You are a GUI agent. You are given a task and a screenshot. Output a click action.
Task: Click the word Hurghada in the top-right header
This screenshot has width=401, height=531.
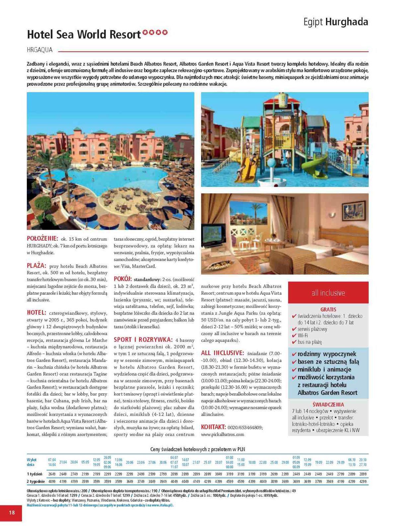tap(347, 22)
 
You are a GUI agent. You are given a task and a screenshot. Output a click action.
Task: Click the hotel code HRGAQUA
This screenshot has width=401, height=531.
tap(40, 50)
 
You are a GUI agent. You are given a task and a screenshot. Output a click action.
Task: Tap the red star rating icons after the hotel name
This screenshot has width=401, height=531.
tap(155, 33)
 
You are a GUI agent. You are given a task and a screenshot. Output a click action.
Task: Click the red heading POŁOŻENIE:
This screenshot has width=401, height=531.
tap(42, 239)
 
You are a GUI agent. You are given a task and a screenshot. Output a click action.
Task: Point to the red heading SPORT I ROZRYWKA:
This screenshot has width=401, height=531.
tap(143, 340)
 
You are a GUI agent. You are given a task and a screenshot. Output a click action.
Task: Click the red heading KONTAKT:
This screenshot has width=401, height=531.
tap(213, 427)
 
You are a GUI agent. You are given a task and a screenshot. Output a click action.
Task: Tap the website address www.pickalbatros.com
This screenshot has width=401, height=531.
tap(222, 434)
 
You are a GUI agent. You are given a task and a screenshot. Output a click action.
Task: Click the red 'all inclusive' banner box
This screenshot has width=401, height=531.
tap(328, 293)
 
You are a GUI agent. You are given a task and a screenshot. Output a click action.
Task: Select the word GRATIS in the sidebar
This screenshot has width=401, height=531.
tap(328, 309)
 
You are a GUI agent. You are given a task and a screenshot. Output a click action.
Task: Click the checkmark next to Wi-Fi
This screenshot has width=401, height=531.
tap(294, 336)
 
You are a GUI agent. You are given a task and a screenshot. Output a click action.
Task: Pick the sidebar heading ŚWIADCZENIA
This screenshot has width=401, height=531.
tap(328, 405)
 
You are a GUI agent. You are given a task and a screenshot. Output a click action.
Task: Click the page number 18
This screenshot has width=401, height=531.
tap(12, 512)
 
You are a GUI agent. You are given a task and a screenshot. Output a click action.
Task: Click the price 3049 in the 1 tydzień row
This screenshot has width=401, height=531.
tap(218, 474)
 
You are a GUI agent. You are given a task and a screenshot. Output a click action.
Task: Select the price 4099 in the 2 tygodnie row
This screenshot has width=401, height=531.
tap(52, 481)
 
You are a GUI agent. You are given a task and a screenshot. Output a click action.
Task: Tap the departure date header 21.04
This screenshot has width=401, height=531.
tap(63, 462)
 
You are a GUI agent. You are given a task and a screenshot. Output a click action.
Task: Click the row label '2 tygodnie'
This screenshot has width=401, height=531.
tap(36, 481)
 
